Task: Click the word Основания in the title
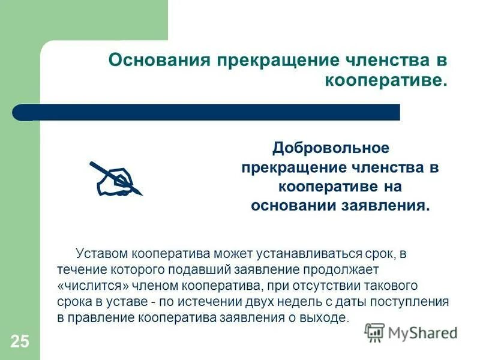point(154,61)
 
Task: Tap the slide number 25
point(19,342)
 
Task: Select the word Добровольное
point(331,148)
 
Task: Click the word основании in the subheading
point(295,205)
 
